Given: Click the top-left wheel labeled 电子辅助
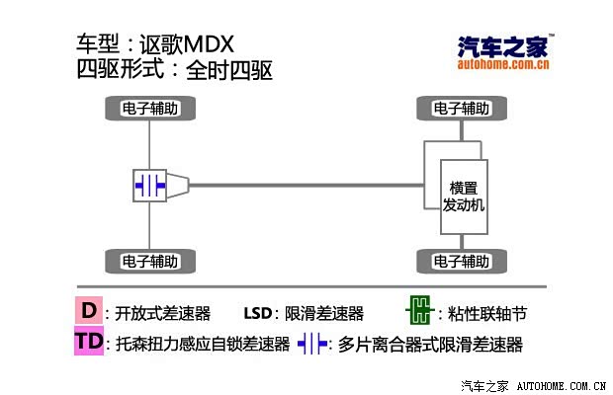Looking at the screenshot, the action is [x=150, y=108].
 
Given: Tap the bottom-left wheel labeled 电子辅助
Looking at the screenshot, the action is [x=150, y=261].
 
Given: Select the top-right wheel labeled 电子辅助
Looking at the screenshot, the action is [x=462, y=108].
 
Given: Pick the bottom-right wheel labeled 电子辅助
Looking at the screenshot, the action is [x=462, y=261].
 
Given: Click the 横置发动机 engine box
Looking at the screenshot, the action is [x=464, y=197].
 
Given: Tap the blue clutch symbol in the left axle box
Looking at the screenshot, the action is [x=150, y=186].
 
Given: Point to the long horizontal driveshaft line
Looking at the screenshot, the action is [x=306, y=185].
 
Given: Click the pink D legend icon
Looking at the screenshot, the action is [x=89, y=310].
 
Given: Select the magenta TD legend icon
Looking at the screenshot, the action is [x=89, y=341].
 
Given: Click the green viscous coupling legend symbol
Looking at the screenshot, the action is [x=420, y=310].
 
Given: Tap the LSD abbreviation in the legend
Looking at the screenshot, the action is [x=258, y=313].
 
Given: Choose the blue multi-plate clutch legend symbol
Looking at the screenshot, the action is [x=312, y=344].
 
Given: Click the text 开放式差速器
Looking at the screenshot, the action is [x=162, y=313].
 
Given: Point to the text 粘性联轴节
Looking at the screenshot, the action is [x=487, y=313].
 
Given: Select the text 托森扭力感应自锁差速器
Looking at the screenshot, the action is [x=203, y=344].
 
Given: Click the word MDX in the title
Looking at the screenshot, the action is [x=209, y=44].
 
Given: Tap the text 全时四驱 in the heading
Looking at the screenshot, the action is [x=229, y=71].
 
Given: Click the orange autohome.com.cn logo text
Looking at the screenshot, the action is [x=503, y=63].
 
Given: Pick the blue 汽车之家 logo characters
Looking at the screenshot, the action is [x=503, y=46].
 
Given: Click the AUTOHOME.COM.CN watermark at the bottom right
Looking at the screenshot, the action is [x=562, y=386].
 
